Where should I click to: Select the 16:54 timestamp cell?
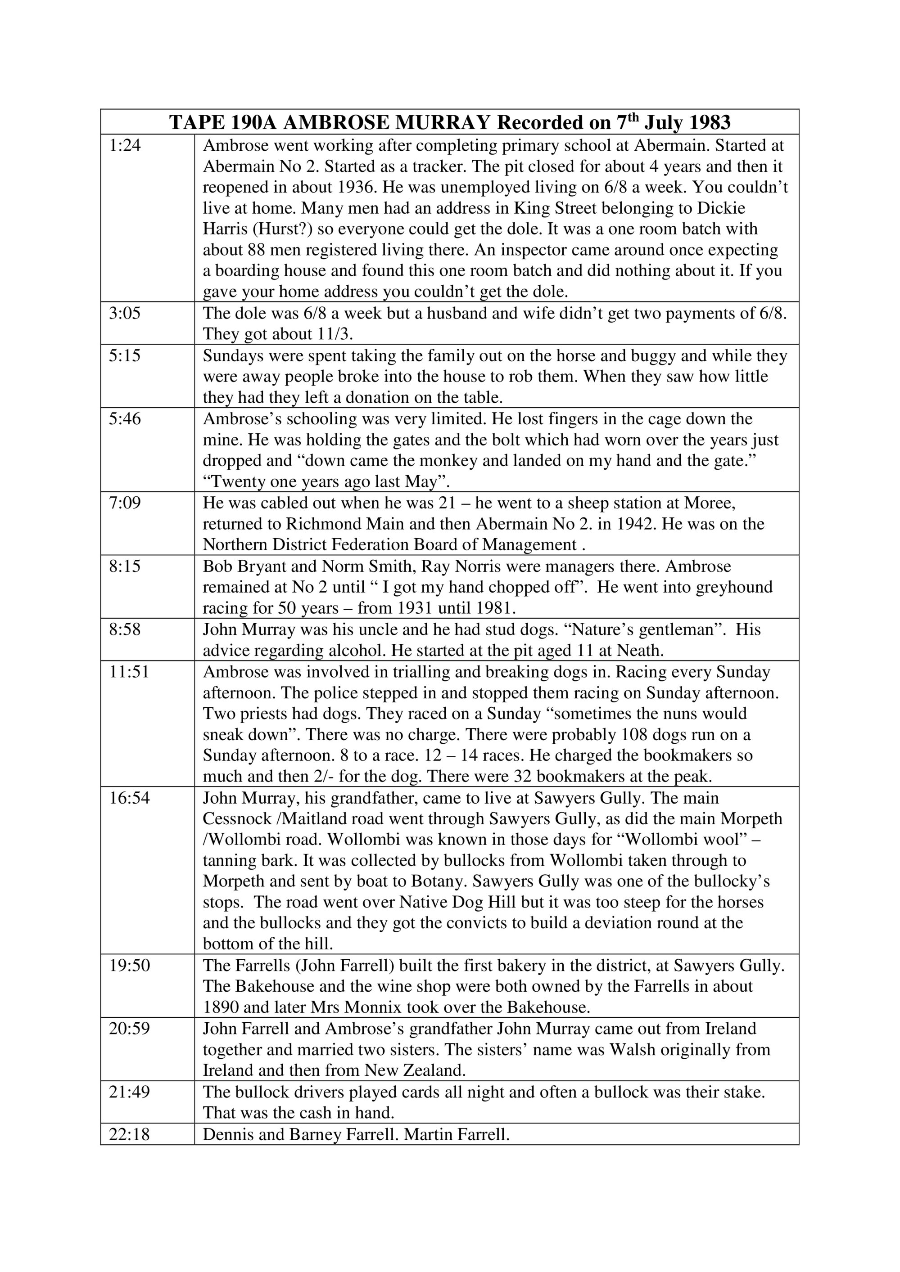pos(129,798)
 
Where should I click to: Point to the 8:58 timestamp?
pos(125,630)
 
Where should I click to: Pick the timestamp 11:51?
pos(129,672)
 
